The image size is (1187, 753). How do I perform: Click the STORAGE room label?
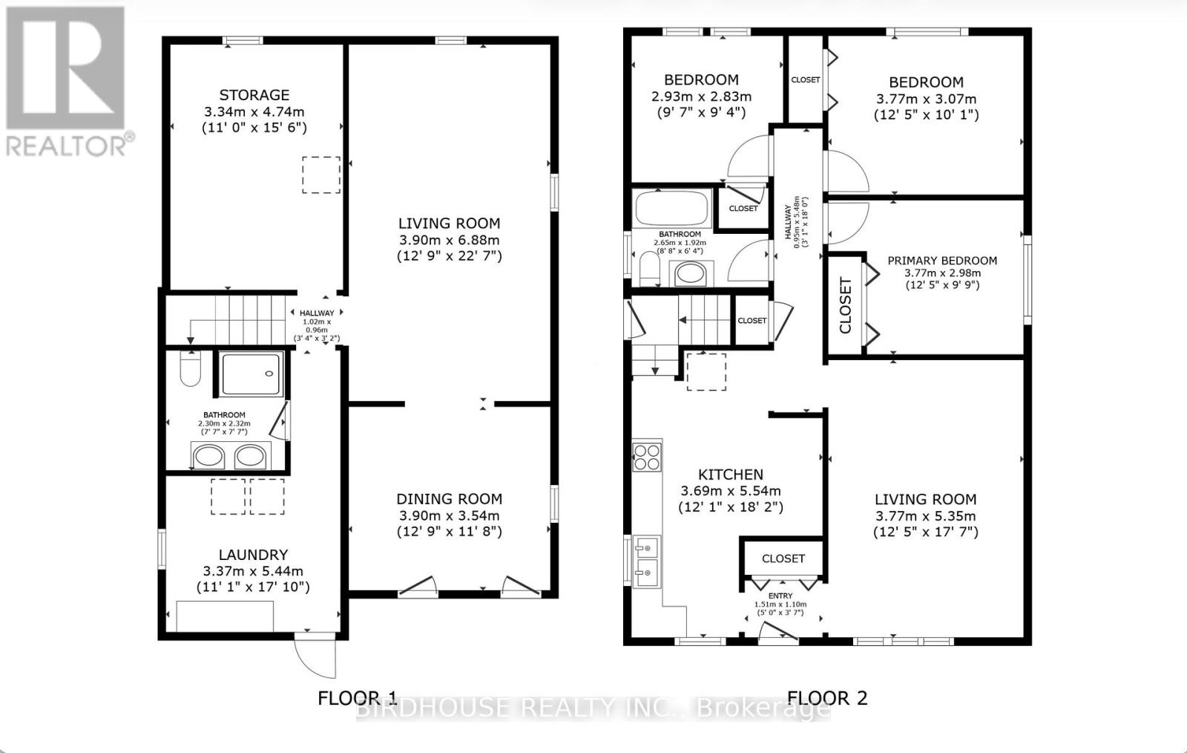(254, 95)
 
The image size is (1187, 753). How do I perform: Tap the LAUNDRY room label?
(253, 555)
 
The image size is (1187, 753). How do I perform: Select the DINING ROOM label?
(449, 499)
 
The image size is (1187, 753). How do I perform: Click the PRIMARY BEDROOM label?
(942, 261)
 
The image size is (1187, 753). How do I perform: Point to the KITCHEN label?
(731, 475)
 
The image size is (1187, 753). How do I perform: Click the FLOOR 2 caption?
(826, 698)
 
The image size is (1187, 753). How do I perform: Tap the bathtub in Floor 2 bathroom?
(674, 208)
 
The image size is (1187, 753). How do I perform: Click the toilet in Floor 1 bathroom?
(191, 369)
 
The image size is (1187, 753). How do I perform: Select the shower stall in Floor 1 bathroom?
(251, 374)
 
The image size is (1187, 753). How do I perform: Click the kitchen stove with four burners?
(646, 457)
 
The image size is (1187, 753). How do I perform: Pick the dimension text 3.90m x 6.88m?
(449, 240)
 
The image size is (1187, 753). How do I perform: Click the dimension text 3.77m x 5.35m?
(925, 516)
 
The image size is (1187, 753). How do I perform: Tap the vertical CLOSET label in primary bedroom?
(845, 305)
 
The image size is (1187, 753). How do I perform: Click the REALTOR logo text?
(70, 145)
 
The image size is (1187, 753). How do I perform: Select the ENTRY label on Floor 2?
(780, 596)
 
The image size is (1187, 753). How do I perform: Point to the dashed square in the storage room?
(320, 175)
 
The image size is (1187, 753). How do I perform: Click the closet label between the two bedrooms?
(805, 80)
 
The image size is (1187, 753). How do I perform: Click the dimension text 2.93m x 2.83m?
(701, 97)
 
